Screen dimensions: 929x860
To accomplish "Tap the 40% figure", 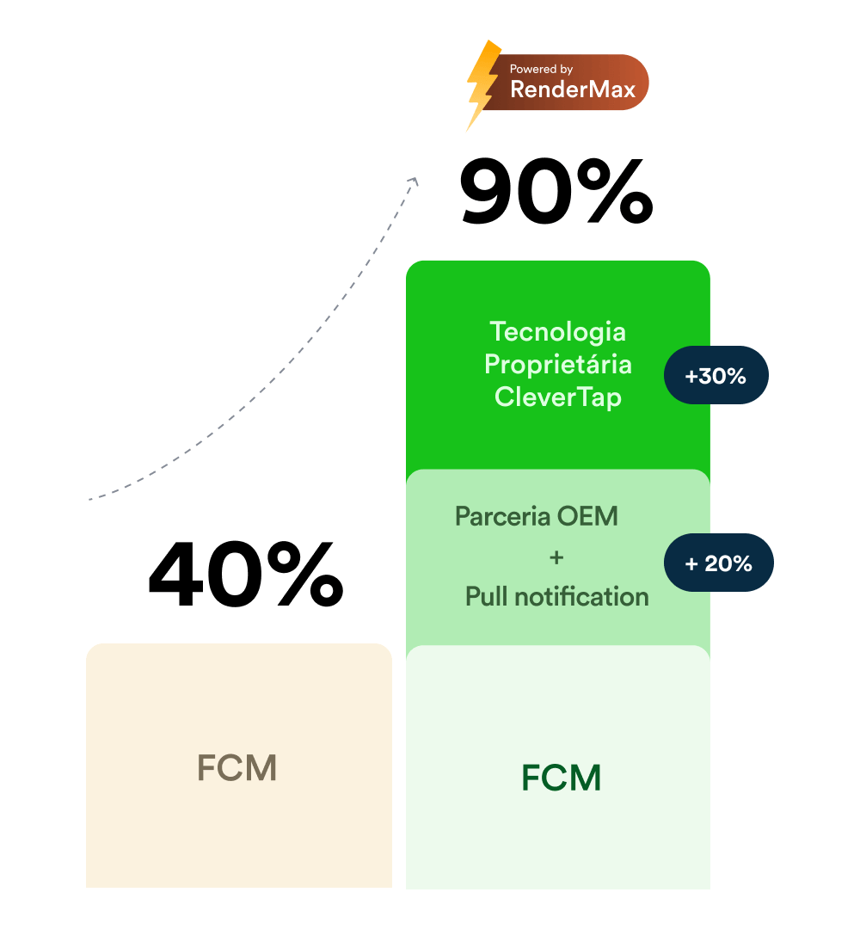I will (x=246, y=572).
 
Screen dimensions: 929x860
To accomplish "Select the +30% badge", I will (x=716, y=375).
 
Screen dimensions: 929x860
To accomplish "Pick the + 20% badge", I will (x=719, y=563).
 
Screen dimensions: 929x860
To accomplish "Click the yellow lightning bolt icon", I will (x=482, y=83).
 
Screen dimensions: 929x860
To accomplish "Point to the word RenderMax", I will (x=573, y=89).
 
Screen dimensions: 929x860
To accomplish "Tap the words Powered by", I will (x=541, y=69).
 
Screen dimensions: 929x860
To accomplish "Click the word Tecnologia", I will (x=557, y=331).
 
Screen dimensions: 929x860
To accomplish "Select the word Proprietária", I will (x=557, y=364).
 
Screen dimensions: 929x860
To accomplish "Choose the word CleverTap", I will (x=557, y=397).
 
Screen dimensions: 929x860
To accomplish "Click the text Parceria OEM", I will (x=537, y=517).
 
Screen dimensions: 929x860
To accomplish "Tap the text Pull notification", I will (x=556, y=596).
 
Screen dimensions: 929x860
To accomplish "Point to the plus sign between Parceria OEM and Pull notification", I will (x=556, y=557).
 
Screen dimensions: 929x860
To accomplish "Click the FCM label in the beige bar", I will (x=237, y=768).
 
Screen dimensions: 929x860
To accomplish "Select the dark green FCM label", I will (x=561, y=778).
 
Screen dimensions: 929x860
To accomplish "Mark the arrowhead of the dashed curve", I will (x=414, y=181).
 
